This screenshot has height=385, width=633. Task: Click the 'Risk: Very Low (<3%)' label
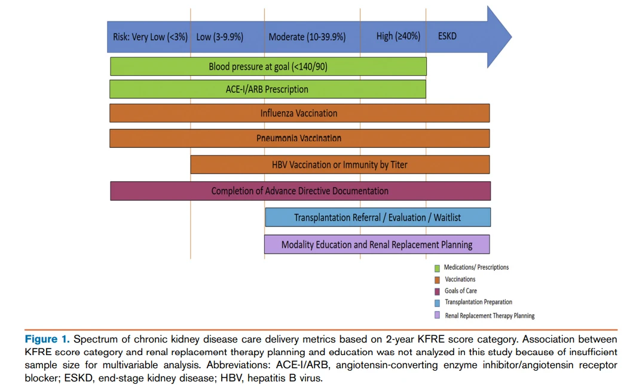pos(150,37)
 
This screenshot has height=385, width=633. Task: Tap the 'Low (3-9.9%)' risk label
pos(219,37)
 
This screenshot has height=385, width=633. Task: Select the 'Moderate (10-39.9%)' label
pos(307,37)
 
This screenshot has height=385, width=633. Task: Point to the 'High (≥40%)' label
pos(398,36)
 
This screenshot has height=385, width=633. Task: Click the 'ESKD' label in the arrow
pos(447,36)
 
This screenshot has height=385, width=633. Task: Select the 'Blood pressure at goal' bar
pos(268,66)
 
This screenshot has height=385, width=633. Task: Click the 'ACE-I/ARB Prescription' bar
pos(268,89)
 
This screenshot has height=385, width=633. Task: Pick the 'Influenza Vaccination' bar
pos(299,113)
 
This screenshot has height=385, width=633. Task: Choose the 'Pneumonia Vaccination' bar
pos(299,139)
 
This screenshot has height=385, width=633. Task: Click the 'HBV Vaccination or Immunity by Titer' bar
pos(340,164)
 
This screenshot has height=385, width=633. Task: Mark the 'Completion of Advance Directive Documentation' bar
pos(300,191)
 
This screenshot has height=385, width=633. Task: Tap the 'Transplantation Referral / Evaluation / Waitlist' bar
pos(378,218)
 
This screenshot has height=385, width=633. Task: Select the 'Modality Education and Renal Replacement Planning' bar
pos(377,245)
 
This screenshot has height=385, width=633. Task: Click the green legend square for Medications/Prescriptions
pos(437,268)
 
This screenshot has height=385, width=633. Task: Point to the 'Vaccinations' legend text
pos(460,279)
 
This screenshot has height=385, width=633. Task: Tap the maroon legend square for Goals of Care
pos(437,291)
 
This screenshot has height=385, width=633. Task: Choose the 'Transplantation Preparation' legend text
pos(478,302)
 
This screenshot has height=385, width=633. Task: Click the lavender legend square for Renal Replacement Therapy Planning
pos(437,315)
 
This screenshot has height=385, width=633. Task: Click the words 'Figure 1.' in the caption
pos(47,339)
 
